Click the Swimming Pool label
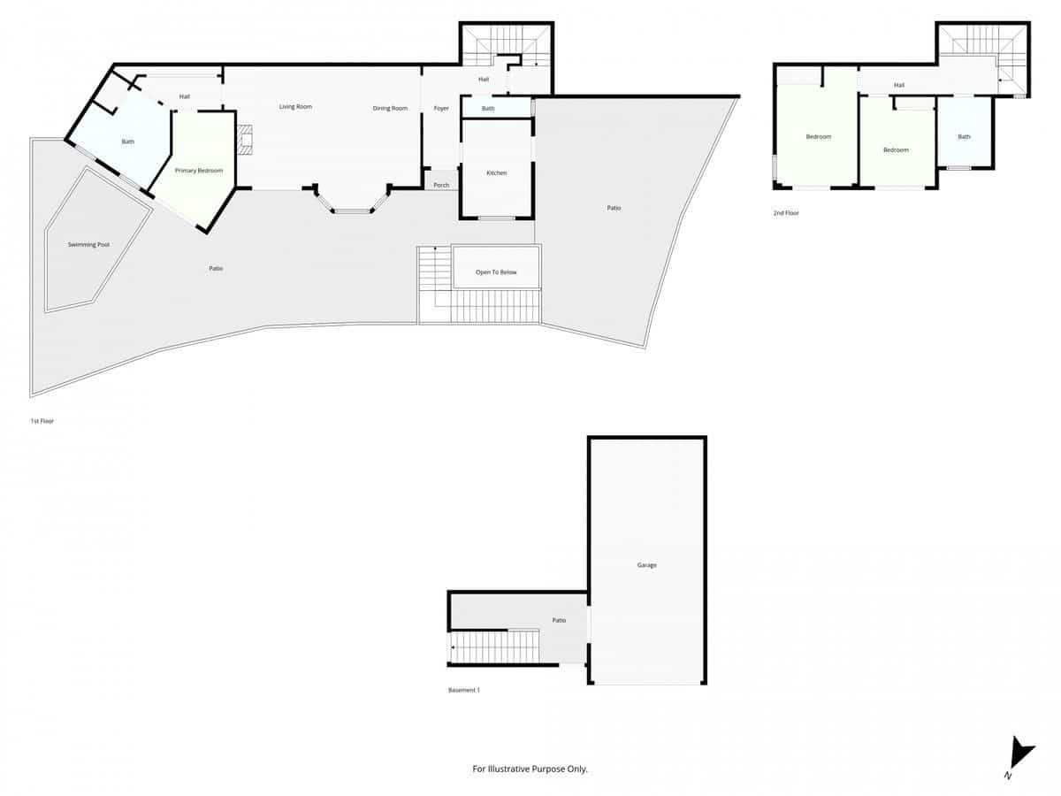point(88,244)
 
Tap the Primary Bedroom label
point(199,170)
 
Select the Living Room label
point(295,107)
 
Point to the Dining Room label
point(390,108)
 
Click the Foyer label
point(441,108)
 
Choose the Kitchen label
point(497,172)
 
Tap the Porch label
point(441,185)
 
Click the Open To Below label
point(496,272)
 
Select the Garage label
point(647,565)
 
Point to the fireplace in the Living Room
point(245,140)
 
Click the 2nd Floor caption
point(786,213)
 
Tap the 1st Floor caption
point(42,421)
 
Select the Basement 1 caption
point(464,690)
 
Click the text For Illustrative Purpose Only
point(530,769)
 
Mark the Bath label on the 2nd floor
point(964,136)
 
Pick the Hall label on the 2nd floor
point(898,85)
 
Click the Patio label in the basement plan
point(559,621)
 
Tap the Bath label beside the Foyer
point(488,109)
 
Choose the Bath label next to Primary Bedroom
point(128,142)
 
